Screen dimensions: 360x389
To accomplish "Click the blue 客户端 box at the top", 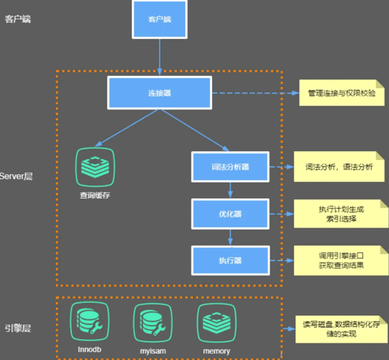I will [x=159, y=19].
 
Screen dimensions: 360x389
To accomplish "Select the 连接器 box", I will [x=159, y=93].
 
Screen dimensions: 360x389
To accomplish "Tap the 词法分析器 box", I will [x=230, y=167].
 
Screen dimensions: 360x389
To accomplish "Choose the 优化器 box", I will [x=230, y=213].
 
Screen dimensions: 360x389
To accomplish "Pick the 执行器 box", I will [x=230, y=259].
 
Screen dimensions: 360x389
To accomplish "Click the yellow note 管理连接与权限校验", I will [x=341, y=93].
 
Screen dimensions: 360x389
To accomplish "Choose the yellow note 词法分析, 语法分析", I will [x=338, y=167].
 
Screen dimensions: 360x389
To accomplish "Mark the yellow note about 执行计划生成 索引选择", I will [x=338, y=213].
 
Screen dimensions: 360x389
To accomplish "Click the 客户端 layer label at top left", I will [x=18, y=18].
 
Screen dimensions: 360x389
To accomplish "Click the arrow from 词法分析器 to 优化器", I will [x=230, y=189].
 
